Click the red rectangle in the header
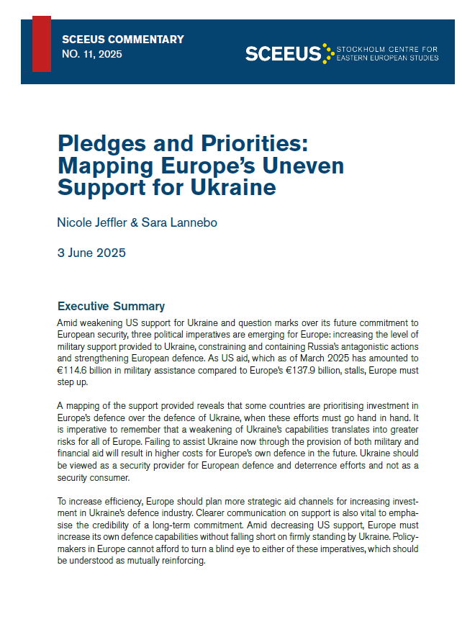click(x=42, y=43)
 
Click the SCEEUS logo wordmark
click(x=283, y=53)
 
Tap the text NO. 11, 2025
click(x=92, y=54)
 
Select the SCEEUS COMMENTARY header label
click(x=123, y=40)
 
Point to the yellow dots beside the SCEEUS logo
click(x=328, y=53)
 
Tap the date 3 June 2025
click(x=91, y=253)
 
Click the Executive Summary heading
click(x=111, y=306)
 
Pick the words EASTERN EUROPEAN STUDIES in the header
click(x=387, y=58)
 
